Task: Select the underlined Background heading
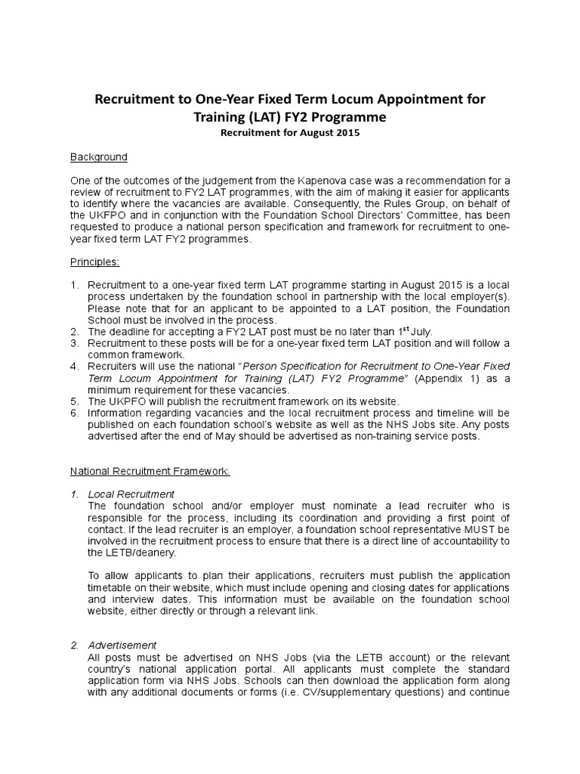[99, 157]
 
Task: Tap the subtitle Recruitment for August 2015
[289, 133]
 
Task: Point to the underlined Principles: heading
[95, 262]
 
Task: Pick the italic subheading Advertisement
[122, 645]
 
